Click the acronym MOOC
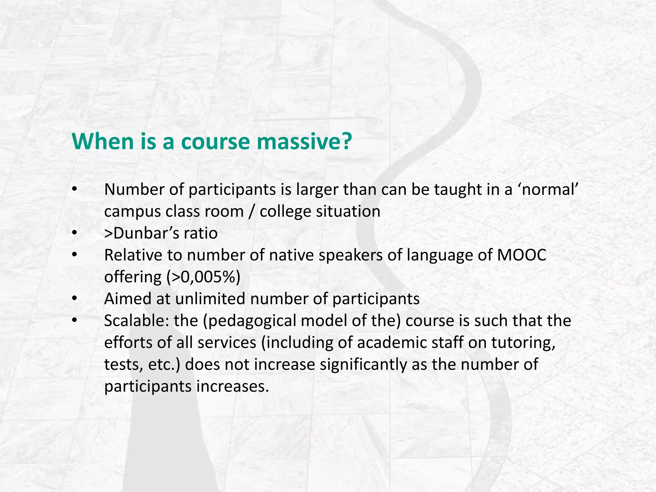point(522,255)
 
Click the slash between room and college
point(252,211)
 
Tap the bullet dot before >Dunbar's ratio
point(75,233)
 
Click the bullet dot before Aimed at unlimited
point(75,299)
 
